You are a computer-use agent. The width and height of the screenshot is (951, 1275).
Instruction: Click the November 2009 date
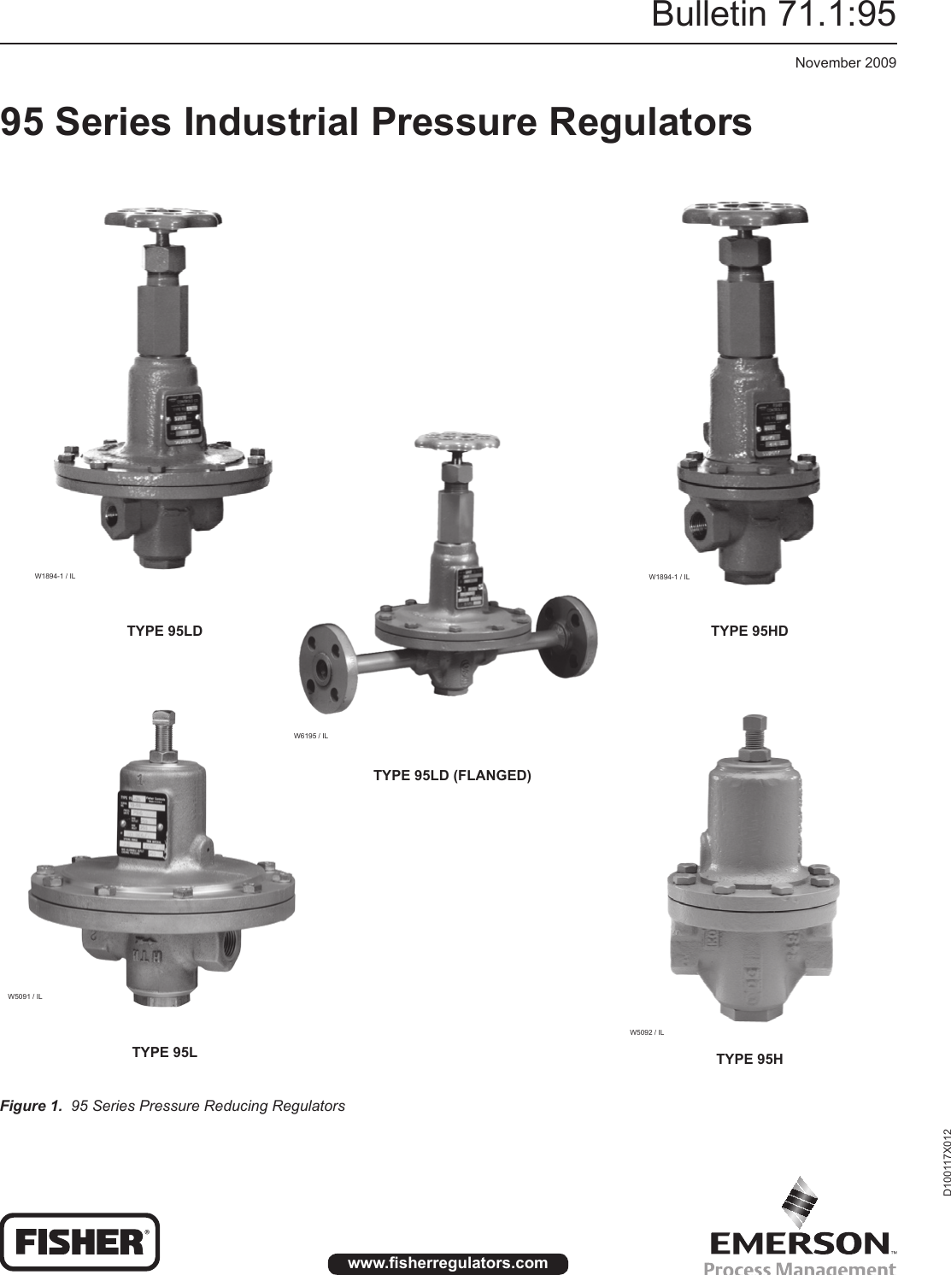pos(845,62)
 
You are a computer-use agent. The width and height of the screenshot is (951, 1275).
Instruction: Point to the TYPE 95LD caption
pos(165,632)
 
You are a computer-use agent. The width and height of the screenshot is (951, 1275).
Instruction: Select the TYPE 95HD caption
pos(749,632)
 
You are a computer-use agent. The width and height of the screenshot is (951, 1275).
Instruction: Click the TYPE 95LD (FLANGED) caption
pos(452,776)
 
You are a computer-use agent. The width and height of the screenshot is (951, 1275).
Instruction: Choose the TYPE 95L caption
pos(164,1052)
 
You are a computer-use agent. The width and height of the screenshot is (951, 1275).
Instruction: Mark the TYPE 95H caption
pos(749,1060)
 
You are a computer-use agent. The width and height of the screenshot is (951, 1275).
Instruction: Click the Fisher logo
pos(80,1242)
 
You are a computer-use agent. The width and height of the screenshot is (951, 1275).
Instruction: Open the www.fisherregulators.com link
pos(448,1263)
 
